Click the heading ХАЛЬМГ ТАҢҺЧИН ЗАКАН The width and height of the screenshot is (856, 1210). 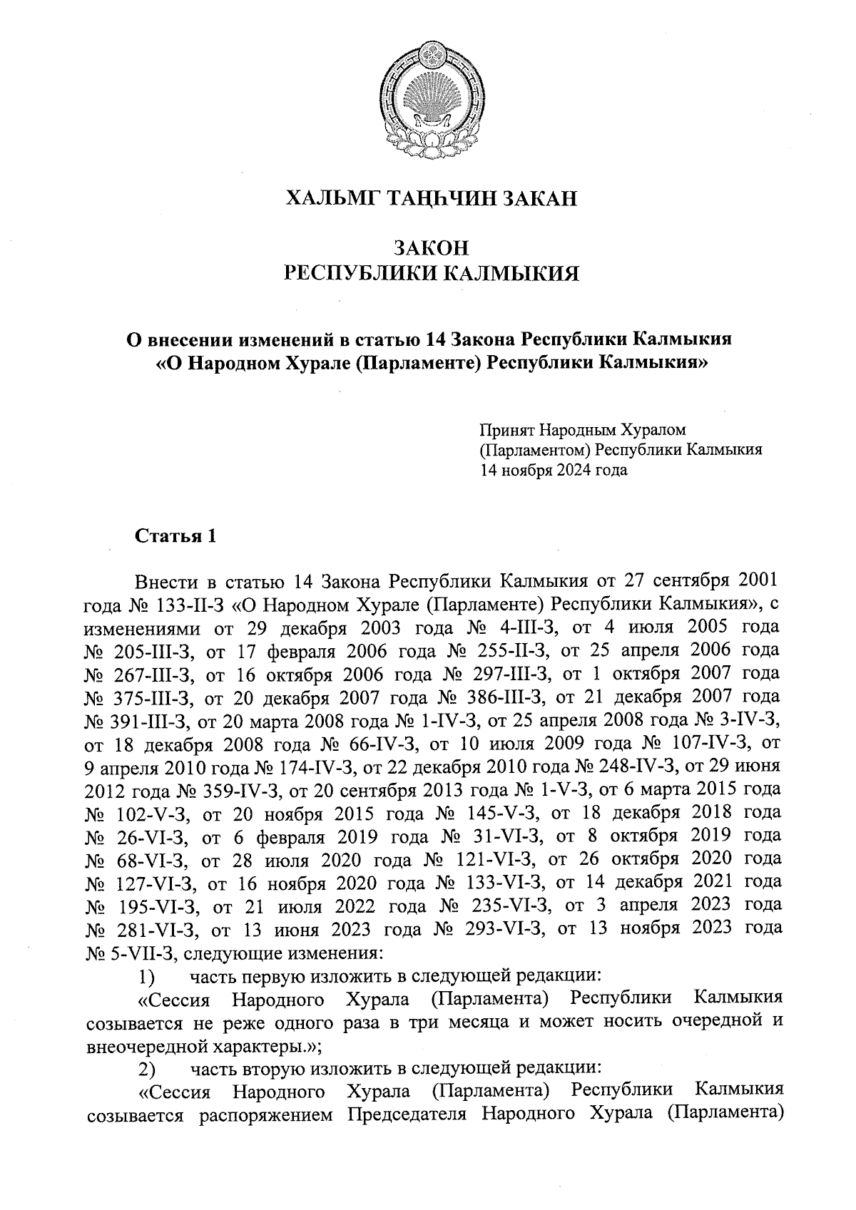[x=431, y=198]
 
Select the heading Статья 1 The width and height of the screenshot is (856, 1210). [x=175, y=535]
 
